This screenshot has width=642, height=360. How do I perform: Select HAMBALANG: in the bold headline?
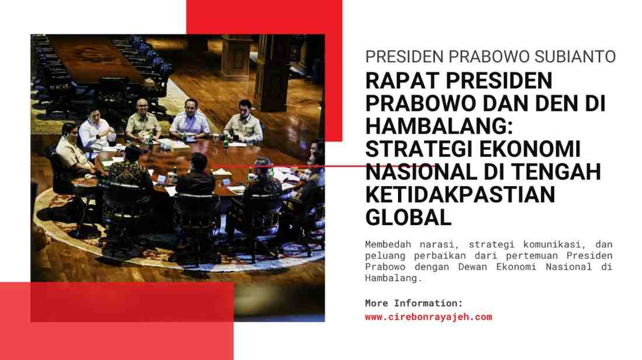(439, 126)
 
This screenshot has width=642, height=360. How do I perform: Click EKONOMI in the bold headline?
(530, 149)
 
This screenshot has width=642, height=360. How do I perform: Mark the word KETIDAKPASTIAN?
(460, 194)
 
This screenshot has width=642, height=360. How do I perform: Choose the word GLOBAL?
(408, 217)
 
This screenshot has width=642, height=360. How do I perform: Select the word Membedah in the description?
(388, 244)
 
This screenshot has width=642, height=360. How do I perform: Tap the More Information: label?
(414, 303)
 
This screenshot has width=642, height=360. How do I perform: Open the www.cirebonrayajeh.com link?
(429, 317)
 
